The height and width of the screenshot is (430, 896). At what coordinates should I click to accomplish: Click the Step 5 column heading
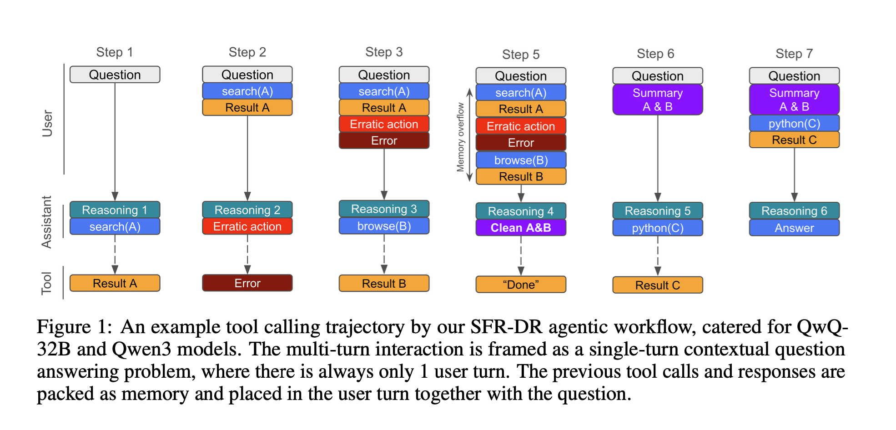(x=520, y=55)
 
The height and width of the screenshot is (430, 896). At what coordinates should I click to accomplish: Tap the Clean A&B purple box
(x=521, y=228)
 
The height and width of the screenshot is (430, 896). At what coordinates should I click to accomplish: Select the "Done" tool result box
(x=521, y=285)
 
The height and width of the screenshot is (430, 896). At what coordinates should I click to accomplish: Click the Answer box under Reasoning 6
(x=794, y=228)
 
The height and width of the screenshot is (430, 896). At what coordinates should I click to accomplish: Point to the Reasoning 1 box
(x=115, y=210)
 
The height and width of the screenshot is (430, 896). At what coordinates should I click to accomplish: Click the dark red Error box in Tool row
(x=247, y=283)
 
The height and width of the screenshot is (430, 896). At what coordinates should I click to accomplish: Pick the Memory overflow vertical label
(x=460, y=137)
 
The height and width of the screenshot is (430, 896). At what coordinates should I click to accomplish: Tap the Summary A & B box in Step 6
(x=657, y=100)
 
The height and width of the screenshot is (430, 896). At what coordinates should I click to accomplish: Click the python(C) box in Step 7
(x=794, y=124)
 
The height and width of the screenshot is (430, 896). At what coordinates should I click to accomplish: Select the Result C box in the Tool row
(x=657, y=285)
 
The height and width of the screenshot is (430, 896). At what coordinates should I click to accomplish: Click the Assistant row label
(x=46, y=222)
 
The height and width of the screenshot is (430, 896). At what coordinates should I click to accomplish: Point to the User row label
(x=47, y=123)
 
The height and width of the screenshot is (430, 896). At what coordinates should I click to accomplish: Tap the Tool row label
(x=46, y=283)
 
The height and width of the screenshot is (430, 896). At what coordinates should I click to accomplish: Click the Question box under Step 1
(x=115, y=75)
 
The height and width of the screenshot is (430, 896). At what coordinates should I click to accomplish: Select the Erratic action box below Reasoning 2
(x=247, y=226)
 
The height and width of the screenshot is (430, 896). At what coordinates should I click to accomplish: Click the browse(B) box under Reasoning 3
(x=384, y=226)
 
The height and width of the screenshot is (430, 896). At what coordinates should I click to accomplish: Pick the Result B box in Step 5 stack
(x=521, y=176)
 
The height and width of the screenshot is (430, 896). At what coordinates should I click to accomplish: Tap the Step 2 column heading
(x=247, y=52)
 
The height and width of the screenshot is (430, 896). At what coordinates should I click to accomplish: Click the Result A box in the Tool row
(x=115, y=283)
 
